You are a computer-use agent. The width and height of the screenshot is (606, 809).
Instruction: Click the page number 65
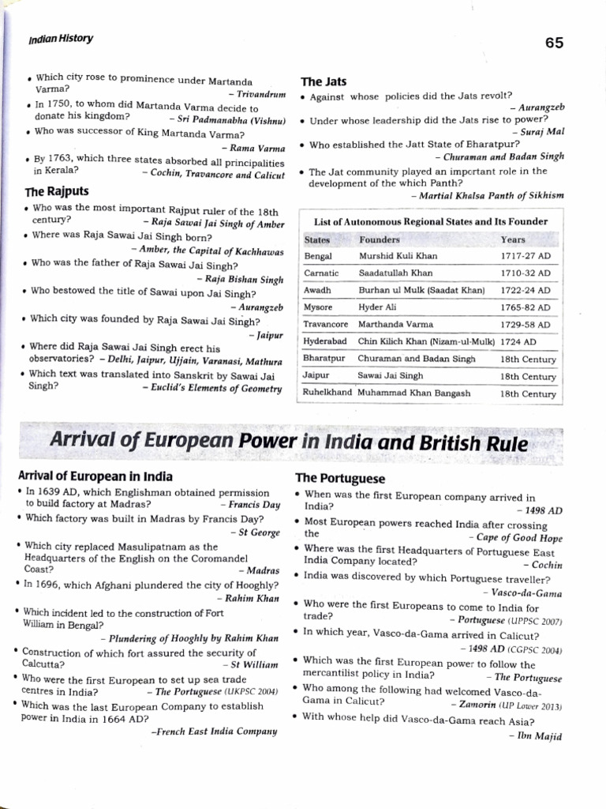(554, 43)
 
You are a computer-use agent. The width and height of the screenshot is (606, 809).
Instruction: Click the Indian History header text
(60, 38)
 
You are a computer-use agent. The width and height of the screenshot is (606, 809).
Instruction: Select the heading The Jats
(324, 81)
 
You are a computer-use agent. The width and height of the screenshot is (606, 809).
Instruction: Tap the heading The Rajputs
(58, 191)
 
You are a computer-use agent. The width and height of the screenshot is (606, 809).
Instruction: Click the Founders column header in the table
(380, 239)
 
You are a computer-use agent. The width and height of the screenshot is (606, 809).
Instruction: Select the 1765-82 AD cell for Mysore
(526, 307)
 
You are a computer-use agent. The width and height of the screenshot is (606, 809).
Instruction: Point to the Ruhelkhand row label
(327, 393)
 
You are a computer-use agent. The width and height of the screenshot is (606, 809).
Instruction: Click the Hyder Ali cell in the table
(379, 307)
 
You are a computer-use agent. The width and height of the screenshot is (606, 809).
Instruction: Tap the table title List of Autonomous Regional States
(430, 221)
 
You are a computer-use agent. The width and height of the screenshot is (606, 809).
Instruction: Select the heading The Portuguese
(340, 478)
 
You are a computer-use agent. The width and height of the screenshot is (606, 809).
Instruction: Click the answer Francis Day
(254, 503)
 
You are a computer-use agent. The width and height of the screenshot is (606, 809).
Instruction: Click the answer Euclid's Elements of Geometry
(215, 388)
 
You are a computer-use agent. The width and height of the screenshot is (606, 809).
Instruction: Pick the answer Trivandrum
(260, 93)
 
